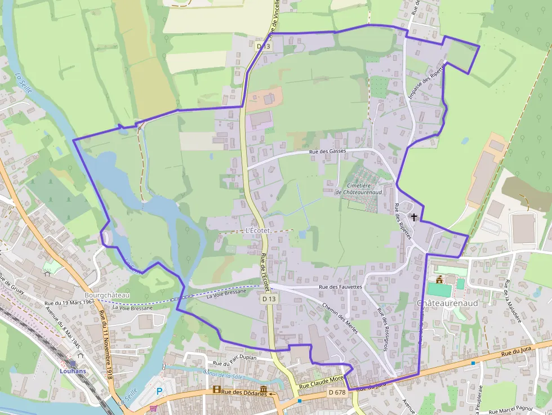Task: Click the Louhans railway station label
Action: pyautogui.click(x=73, y=371)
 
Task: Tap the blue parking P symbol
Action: pyautogui.click(x=159, y=391)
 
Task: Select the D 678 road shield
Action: pyautogui.click(x=336, y=392)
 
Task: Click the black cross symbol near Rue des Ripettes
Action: pyautogui.click(x=415, y=217)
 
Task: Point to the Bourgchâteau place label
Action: pyautogui.click(x=106, y=295)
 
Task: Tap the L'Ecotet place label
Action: pyautogui.click(x=259, y=231)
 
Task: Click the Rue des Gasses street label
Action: pyautogui.click(x=327, y=152)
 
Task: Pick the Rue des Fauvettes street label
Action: pyautogui.click(x=340, y=287)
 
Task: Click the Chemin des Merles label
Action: pyautogui.click(x=340, y=318)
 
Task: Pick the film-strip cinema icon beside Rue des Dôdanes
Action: pyautogui.click(x=217, y=390)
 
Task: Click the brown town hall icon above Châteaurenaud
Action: pyautogui.click(x=439, y=279)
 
